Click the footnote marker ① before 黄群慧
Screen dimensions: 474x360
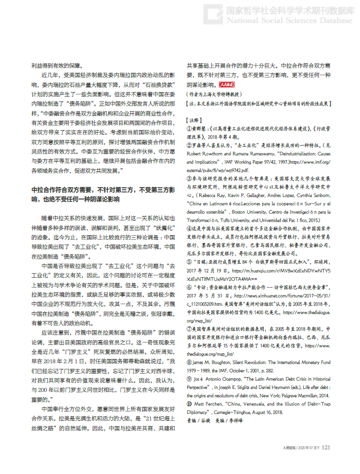190,127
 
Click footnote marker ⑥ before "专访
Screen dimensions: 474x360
190,281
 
